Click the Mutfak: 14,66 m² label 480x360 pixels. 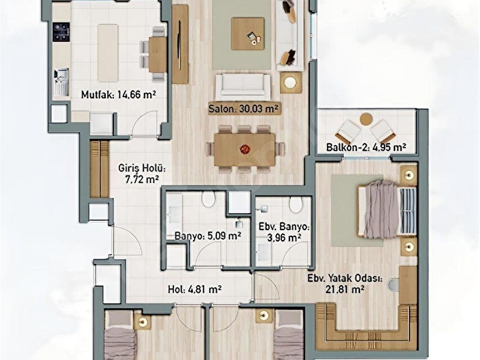point(118,94)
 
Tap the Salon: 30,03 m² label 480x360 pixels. point(244,109)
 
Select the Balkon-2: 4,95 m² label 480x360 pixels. point(366,147)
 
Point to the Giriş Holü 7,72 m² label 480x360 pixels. point(142,173)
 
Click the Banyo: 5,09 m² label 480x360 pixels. point(208,236)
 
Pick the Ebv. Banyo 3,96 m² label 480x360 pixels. point(284,232)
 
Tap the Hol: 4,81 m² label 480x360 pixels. point(195,289)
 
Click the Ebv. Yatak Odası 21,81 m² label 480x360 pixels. point(345,283)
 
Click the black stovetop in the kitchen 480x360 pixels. point(61,31)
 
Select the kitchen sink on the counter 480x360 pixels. point(61,82)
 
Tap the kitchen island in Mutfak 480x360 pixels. point(108,53)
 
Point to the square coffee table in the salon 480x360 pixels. point(247,34)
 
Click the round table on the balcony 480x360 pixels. point(366,118)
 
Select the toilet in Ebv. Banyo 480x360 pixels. point(296,205)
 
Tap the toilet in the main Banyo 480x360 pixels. point(209,199)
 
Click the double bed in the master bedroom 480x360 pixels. point(387,209)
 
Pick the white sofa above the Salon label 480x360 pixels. point(243,86)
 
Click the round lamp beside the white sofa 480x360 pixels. point(289,82)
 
